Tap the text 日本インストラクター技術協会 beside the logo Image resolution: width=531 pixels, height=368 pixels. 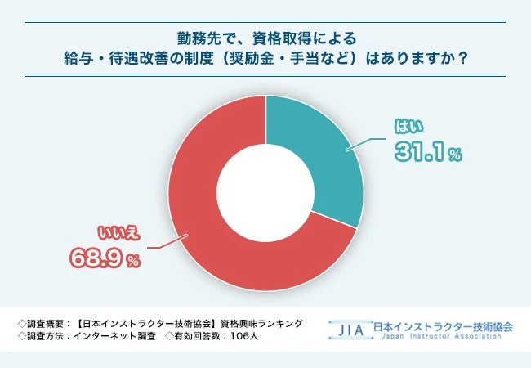tap(443, 325)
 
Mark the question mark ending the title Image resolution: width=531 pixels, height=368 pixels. tap(462, 60)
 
